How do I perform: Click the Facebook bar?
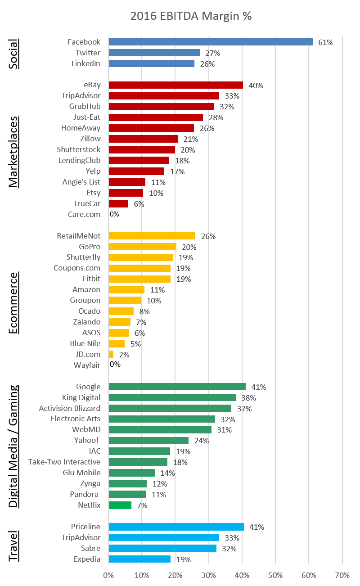211,42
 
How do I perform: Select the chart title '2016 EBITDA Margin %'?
191,16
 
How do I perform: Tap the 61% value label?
325,42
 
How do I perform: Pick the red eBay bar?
175,85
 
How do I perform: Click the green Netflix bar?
120,505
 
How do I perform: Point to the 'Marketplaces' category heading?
14,152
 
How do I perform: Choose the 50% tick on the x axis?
275,575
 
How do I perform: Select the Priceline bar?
176,527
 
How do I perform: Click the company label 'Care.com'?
84,214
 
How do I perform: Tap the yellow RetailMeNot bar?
152,236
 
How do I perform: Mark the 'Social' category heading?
14,54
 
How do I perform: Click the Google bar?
177,387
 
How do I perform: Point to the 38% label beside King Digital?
249,398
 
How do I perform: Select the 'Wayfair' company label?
87,365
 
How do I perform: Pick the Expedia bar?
139,559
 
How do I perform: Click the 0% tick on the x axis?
108,575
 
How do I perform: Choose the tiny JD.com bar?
111,354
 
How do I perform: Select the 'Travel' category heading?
14,546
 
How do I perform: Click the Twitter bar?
154,53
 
